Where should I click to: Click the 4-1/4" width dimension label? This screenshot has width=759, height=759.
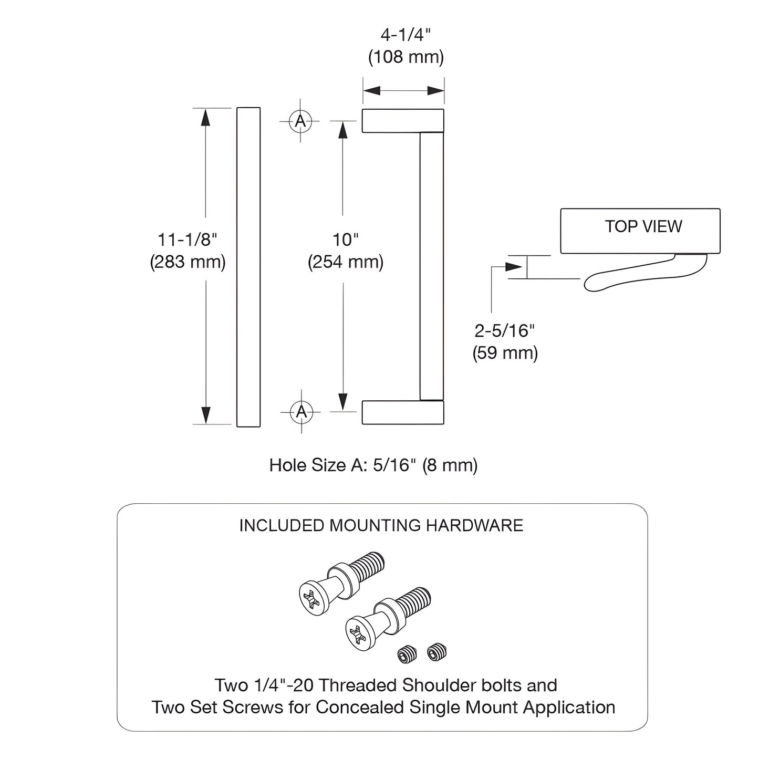tap(406, 36)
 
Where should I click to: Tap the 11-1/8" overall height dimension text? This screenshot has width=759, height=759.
tap(188, 240)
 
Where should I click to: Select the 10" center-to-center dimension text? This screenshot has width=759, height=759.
tap(346, 240)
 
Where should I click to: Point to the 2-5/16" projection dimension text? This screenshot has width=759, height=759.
tap(505, 331)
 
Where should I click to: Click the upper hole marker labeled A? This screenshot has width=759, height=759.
tap(300, 121)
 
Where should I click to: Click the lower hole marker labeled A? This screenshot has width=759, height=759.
tap(301, 411)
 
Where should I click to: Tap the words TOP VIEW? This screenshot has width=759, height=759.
tap(643, 226)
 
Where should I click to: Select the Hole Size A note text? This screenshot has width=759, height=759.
tap(373, 465)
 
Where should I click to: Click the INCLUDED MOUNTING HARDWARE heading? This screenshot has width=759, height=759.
tap(381, 526)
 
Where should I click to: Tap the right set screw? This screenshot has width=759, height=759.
tap(436, 653)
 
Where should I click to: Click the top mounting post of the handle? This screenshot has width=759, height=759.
tap(403, 121)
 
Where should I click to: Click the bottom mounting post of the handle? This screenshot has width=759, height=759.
tap(403, 412)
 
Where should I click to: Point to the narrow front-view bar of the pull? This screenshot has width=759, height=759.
tap(248, 267)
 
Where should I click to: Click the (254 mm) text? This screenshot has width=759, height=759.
tap(346, 262)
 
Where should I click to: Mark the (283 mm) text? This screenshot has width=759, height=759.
tap(188, 262)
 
